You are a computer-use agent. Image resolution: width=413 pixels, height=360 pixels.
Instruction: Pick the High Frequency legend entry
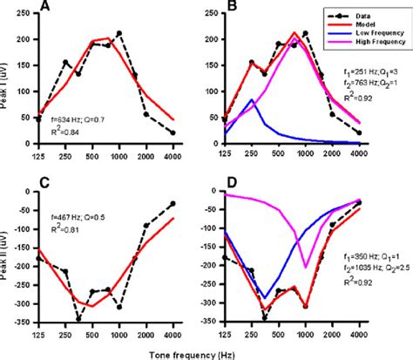376,44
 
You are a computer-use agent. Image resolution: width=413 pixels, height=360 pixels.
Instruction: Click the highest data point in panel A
118,33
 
